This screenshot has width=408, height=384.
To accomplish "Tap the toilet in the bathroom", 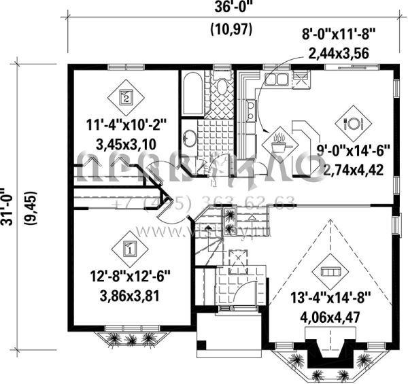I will point(220,87).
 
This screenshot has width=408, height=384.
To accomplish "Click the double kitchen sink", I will point(276,80).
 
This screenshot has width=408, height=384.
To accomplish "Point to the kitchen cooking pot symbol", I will point(279,144).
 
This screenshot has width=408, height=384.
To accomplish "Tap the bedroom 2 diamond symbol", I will point(124,96).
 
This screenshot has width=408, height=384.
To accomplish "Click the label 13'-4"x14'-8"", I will point(330,298).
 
